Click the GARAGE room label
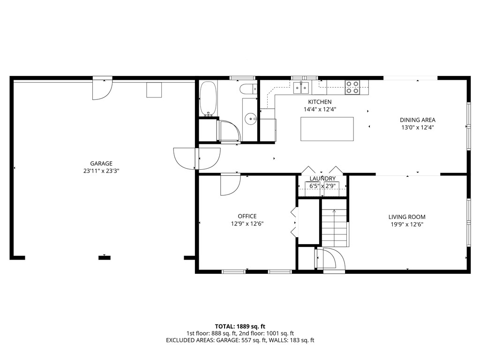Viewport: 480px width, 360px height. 101,164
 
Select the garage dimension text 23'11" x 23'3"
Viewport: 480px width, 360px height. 101,171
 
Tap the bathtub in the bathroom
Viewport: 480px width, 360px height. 208,99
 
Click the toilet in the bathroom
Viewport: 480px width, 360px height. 248,89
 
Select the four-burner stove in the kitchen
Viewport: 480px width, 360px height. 352,87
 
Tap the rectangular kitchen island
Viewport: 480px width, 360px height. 327,128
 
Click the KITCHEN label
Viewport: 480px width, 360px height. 320,102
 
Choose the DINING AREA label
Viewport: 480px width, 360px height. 417,120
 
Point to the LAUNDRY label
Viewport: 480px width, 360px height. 322,179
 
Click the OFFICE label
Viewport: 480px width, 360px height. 247,216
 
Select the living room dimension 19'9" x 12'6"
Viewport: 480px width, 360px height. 406,224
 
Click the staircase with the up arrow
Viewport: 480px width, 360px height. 334,228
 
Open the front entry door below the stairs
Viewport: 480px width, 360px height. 330,260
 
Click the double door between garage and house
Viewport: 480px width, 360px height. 197,158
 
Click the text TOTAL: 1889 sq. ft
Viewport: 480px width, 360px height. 240,326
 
